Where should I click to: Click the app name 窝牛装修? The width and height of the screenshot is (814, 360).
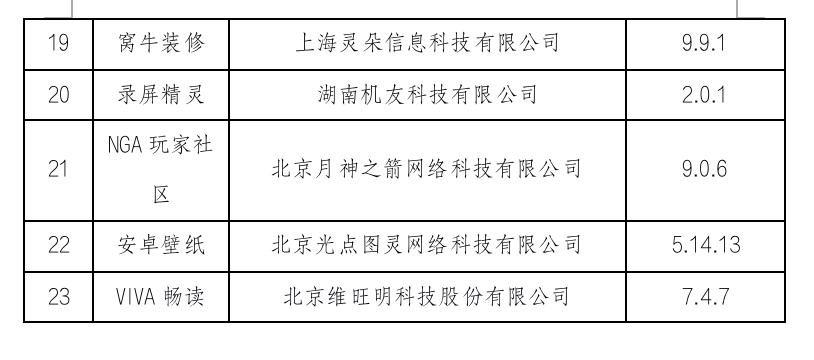(x=160, y=44)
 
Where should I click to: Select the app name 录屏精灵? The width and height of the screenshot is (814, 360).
(x=160, y=96)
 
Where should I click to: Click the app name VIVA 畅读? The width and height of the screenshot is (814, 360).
(x=160, y=297)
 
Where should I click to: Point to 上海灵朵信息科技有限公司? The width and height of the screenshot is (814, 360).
(x=427, y=44)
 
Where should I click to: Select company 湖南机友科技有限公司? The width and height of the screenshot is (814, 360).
(x=427, y=96)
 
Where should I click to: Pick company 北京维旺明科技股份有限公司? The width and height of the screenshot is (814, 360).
(x=427, y=297)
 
